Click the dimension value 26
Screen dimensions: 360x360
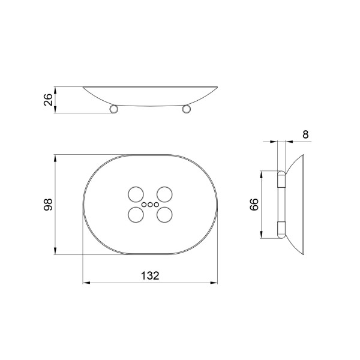[48, 100]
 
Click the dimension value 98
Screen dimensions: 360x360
[48, 205]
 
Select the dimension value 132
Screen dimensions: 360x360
[150, 275]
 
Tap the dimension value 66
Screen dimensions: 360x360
[254, 205]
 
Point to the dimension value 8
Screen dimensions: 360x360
[305, 134]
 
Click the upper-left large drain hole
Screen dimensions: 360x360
[136, 194]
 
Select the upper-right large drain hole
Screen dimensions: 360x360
[164, 194]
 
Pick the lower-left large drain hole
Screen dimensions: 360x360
[136, 215]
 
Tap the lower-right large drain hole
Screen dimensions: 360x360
[164, 215]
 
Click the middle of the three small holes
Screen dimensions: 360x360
[150, 205]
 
